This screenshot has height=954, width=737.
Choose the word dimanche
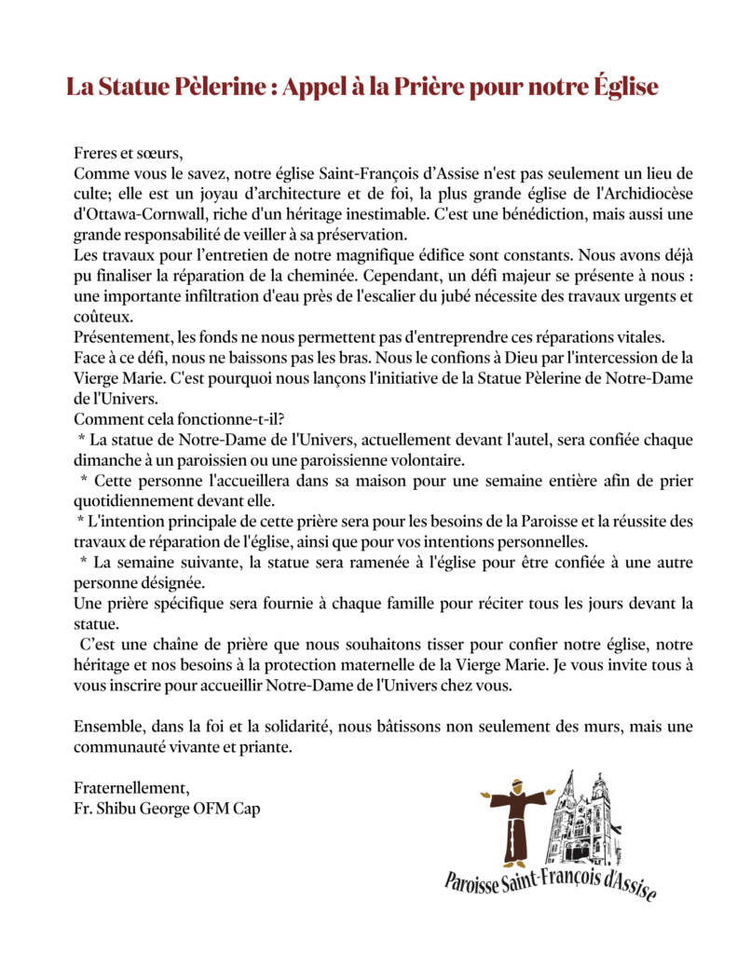coord(106,459)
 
